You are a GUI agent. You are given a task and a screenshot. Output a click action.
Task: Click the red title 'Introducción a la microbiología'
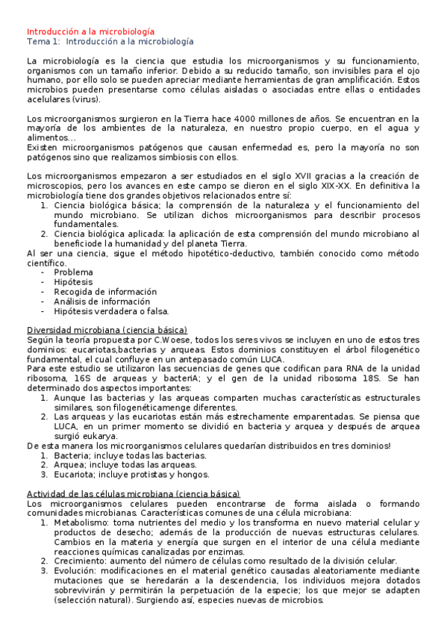coord(91,32)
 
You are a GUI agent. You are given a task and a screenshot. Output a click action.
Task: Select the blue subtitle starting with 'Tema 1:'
coord(110,42)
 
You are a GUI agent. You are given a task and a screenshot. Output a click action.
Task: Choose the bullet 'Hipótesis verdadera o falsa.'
coord(111,311)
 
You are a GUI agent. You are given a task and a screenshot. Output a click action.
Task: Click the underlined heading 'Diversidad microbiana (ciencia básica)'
coord(107,330)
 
